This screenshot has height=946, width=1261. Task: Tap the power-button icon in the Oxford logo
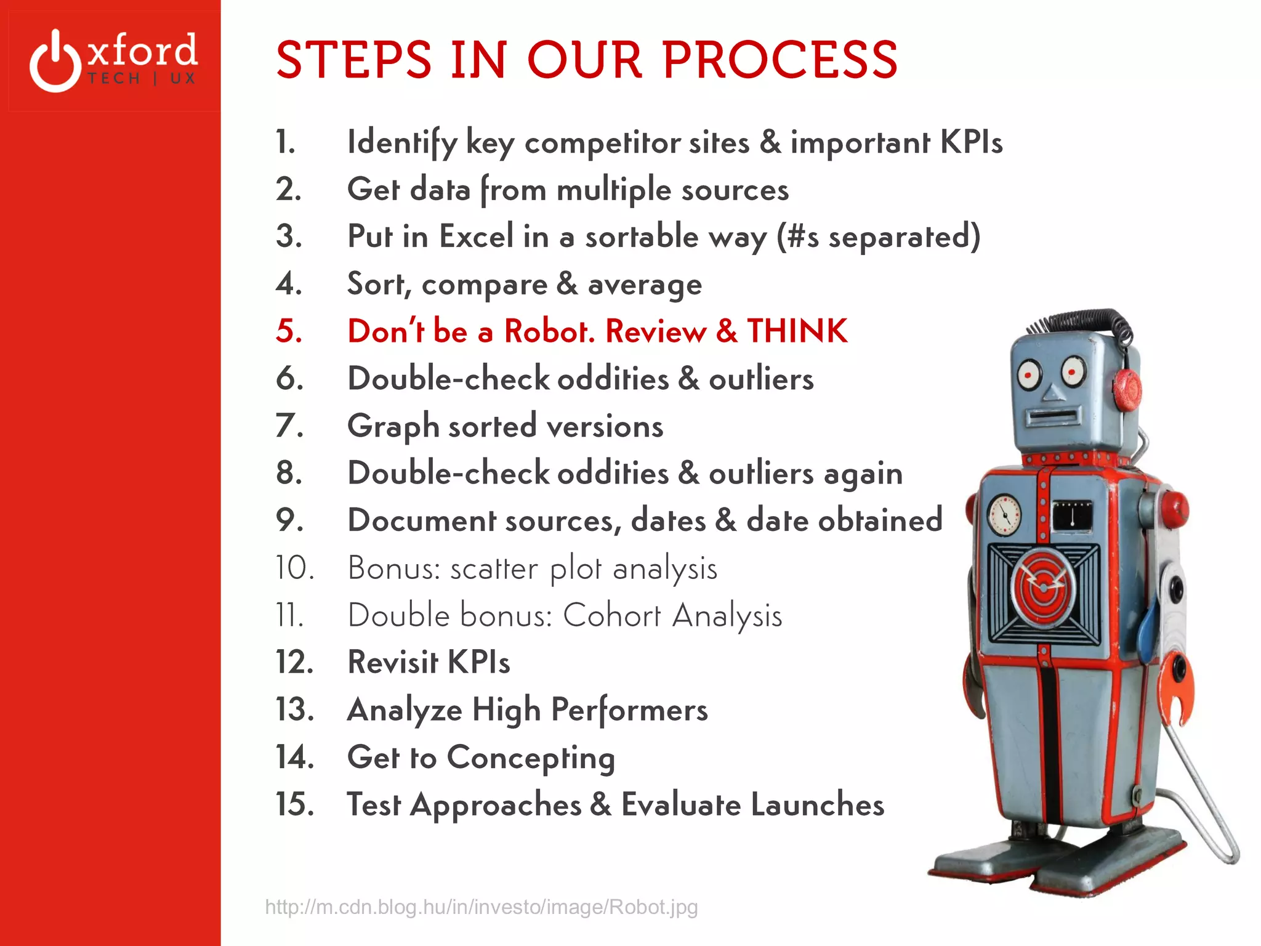tap(55, 62)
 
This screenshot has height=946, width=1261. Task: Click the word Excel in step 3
tap(477, 236)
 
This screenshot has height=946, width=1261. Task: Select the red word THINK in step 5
tap(797, 331)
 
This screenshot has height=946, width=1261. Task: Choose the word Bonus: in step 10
tap(394, 568)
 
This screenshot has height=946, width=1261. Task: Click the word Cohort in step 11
tap(612, 615)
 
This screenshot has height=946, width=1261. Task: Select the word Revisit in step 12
tap(393, 662)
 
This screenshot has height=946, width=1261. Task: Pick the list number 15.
tap(294, 804)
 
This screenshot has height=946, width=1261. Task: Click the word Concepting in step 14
tap(531, 758)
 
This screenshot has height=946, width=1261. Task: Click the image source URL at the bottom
tap(481, 907)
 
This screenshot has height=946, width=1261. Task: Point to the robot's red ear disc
tap(1127, 389)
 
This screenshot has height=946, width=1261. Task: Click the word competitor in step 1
tap(602, 142)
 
